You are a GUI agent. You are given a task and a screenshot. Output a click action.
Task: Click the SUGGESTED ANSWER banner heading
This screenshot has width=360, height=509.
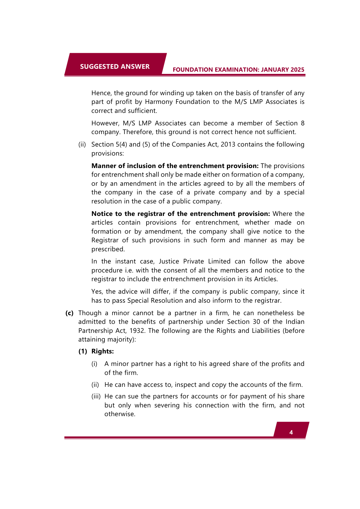coord(115,66)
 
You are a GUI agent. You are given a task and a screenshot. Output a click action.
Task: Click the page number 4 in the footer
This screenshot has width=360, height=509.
coord(291,432)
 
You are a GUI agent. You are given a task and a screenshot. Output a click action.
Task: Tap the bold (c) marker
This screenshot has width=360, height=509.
coord(69,313)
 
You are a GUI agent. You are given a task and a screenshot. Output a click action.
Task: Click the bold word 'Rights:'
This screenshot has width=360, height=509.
coord(102,351)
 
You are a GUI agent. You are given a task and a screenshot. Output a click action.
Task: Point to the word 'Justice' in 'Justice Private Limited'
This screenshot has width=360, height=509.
coord(169,261)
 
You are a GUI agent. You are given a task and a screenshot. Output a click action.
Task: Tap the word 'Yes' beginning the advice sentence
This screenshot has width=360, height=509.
coord(97,292)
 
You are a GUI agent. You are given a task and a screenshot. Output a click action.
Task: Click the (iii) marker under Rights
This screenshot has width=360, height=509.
coord(96,396)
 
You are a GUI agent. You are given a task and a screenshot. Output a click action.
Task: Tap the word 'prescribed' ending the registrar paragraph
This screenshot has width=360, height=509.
coord(107,249)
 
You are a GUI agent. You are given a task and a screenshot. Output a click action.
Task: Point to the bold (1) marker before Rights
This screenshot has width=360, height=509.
coord(83,351)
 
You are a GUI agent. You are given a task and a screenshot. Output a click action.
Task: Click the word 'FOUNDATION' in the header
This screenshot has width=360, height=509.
coord(192,70)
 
